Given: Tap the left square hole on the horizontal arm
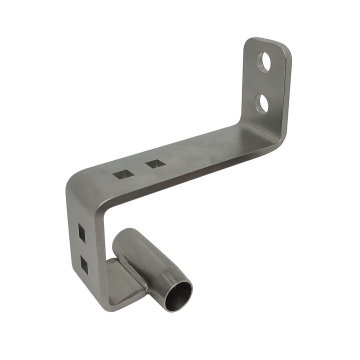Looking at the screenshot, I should pos(121,172).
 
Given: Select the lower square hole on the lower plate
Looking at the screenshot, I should pos(85,264).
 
